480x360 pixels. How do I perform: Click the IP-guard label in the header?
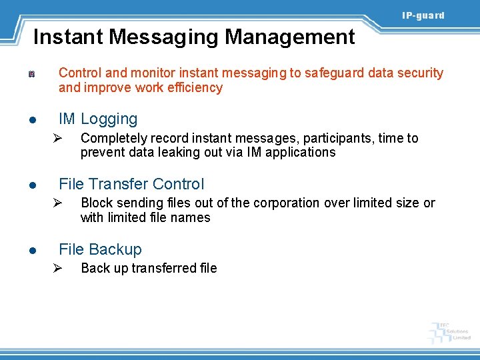click(423, 15)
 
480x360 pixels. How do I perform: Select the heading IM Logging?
click(98, 119)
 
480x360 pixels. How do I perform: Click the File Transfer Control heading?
click(131, 184)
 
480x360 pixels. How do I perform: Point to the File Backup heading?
click(100, 249)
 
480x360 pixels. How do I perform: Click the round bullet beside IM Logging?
click(31, 121)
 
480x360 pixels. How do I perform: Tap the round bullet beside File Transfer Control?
click(31, 185)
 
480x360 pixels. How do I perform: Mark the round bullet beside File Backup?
click(31, 251)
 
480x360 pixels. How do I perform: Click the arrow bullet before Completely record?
click(58, 139)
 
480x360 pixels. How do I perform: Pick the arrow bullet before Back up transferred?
click(58, 269)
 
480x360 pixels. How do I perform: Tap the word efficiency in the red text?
click(196, 88)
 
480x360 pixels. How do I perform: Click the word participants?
click(339, 139)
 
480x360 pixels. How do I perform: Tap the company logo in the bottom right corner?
click(449, 331)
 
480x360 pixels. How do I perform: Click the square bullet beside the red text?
click(31, 74)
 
